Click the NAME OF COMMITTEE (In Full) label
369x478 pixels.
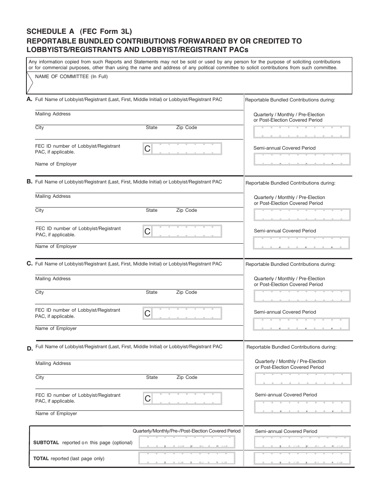[71, 77]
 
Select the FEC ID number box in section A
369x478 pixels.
[182, 148]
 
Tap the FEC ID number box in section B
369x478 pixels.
[182, 231]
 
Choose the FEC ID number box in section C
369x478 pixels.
[182, 313]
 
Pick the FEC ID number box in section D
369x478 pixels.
[182, 398]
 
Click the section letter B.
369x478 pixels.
[30, 181]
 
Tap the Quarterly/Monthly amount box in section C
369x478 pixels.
[302, 296]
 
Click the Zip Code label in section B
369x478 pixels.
[186, 210]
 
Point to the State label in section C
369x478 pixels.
[151, 292]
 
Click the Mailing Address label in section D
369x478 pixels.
[53, 363]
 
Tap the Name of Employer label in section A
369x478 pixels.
[56, 164]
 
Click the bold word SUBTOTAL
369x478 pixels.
[46, 442]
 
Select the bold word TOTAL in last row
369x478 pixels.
[41, 459]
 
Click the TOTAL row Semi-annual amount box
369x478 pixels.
[302, 459]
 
